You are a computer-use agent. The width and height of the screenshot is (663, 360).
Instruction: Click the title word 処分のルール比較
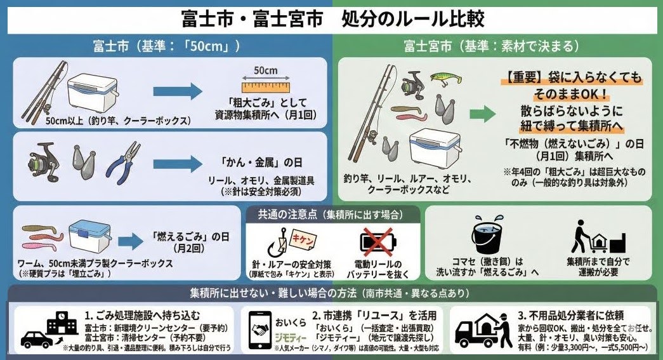click(x=413, y=18)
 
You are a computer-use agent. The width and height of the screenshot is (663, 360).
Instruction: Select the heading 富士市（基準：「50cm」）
click(x=167, y=46)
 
